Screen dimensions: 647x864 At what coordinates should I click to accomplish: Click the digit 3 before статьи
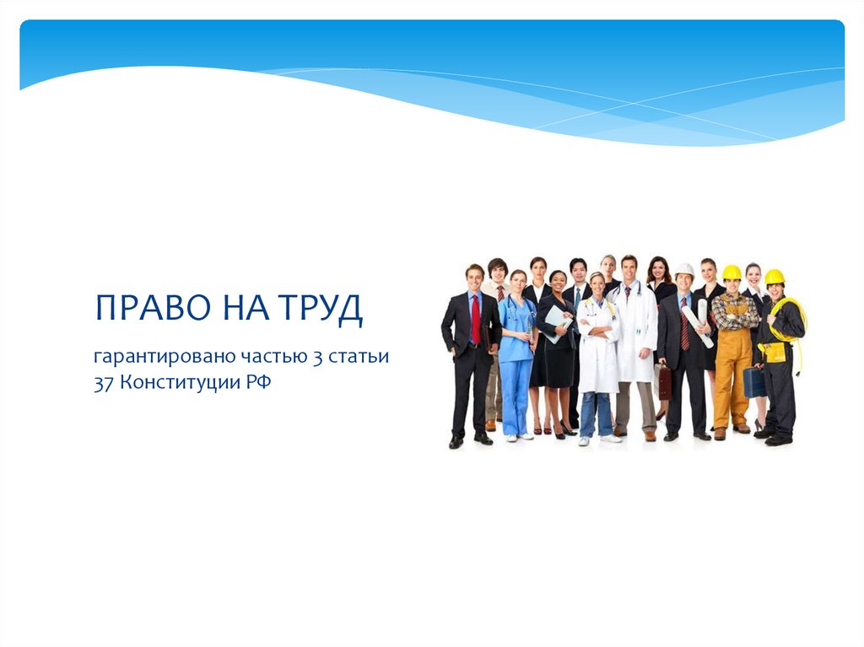316,357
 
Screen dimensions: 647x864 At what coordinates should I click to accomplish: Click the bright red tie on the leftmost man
476,319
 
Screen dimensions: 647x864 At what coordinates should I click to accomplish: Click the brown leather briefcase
665,384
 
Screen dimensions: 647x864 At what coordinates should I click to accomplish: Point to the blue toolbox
753,382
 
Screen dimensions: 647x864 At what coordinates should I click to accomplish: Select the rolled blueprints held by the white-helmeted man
699,325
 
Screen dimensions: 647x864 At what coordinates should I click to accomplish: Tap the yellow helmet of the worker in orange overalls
731,272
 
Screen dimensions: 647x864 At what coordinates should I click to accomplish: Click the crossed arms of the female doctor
598,326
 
